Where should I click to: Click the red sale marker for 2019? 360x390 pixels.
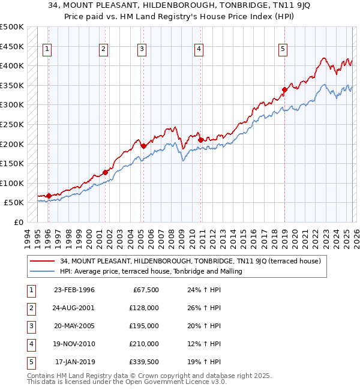click(284, 90)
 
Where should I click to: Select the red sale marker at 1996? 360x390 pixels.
click(49, 196)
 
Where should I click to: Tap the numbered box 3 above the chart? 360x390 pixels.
click(142, 49)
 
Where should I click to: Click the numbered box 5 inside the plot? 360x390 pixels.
click(283, 49)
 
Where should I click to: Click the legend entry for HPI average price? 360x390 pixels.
click(151, 271)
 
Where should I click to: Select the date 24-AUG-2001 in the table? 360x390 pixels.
click(74, 308)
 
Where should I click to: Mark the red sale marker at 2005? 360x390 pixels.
click(143, 146)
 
